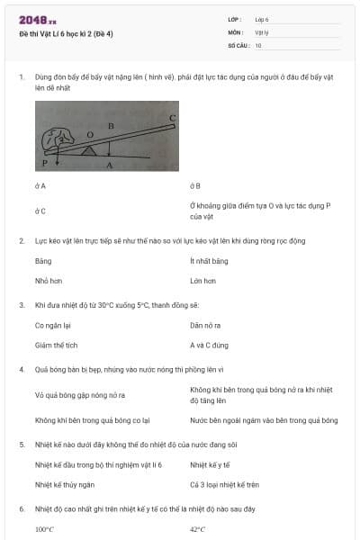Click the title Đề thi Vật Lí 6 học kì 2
(67, 33)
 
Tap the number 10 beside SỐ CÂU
(258, 45)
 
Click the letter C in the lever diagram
(172, 118)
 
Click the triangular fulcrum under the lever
(89, 150)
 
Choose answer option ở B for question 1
(195, 186)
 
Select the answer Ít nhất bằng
(209, 261)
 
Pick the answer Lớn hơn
(202, 281)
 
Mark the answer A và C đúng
(210, 345)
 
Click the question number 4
(21, 369)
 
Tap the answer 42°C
(198, 529)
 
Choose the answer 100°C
(44, 529)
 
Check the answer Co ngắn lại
(53, 325)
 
